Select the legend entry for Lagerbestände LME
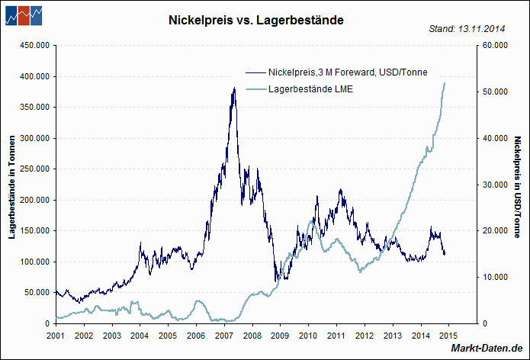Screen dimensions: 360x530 (x=310, y=89)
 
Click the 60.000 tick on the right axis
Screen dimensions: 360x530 (x=496, y=46)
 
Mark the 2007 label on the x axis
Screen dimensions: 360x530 (x=223, y=335)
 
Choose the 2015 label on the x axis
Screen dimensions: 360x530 (x=448, y=335)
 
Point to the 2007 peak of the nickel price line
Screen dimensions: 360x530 (x=233, y=88)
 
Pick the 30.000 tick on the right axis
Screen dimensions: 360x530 (x=496, y=185)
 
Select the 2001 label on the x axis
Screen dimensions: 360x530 (x=56, y=335)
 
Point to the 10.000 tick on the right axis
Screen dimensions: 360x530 (x=496, y=277)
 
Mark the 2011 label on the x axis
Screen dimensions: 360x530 (x=336, y=335)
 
